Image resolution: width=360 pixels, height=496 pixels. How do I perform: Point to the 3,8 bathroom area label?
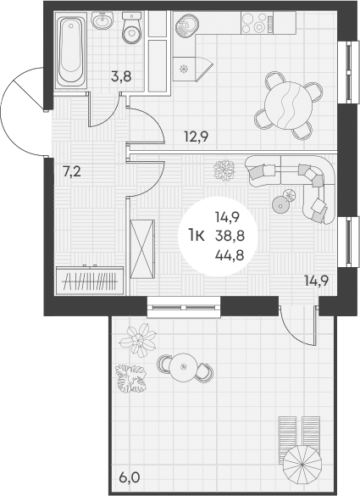tap(121, 75)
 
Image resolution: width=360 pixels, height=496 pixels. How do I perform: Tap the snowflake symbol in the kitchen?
tap(182, 68)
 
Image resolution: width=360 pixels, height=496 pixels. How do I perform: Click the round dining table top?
tap(290, 104)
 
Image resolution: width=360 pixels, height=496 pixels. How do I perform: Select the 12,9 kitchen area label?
tap(197, 132)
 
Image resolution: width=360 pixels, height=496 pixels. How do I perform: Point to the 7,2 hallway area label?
tap(72, 171)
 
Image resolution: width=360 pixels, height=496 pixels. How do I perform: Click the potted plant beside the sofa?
tap(224, 170)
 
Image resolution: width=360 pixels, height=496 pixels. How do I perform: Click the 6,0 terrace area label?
tap(130, 477)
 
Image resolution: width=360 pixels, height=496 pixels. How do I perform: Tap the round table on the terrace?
tap(183, 367)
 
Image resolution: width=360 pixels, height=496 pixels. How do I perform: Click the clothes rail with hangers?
tap(89, 280)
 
